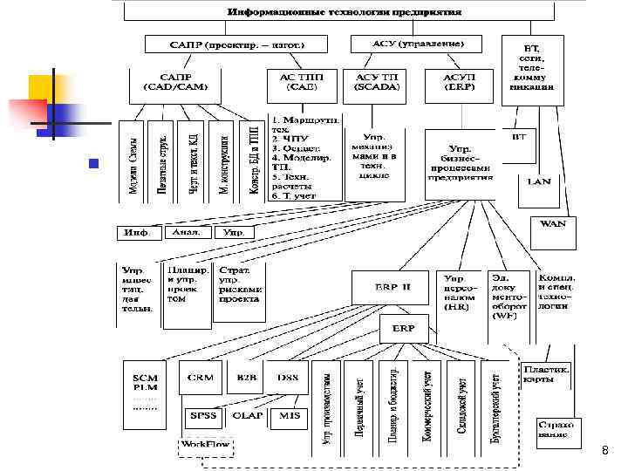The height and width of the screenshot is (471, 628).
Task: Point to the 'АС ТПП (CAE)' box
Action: tap(302, 81)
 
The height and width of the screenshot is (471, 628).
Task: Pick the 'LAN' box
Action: tap(538, 181)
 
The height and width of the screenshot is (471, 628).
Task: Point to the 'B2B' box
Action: tap(247, 378)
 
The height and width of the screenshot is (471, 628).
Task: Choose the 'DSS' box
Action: tap(289, 378)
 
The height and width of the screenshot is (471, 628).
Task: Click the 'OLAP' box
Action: tap(248, 416)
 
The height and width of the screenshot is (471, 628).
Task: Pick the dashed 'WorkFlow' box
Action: tap(205, 444)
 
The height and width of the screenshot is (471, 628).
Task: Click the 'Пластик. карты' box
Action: tap(546, 373)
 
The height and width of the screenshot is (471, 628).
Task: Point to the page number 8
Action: tap(605, 450)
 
